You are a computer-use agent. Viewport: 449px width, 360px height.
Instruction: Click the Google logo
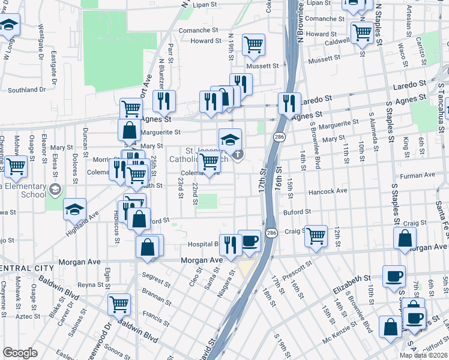tap(20, 352)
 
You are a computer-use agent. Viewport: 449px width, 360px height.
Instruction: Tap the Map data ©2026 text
tap(423, 355)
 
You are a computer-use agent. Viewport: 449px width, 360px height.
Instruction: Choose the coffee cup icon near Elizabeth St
tap(394, 276)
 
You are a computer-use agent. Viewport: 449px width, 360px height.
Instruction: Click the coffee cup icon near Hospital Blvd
tap(249, 241)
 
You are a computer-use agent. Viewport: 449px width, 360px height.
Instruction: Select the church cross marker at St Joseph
tap(238, 155)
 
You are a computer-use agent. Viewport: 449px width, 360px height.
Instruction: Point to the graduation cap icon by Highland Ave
tap(74, 209)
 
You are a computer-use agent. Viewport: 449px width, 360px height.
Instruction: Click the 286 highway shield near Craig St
tap(271, 232)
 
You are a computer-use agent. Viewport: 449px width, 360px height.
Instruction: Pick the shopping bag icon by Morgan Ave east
tap(406, 238)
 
